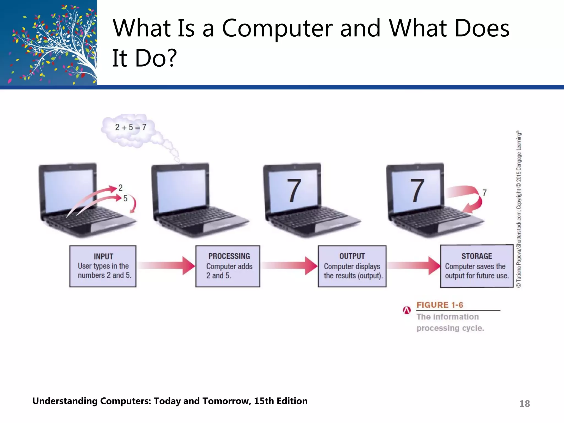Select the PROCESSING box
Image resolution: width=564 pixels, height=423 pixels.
pos(228,266)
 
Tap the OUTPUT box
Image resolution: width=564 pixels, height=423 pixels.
pos(352,266)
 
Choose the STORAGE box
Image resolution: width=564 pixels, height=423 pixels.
pos(477,266)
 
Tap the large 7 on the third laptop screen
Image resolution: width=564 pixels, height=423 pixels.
pos(294,191)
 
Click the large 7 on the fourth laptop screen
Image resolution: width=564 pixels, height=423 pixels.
pos(417,191)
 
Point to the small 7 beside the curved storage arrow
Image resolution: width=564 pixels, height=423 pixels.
pos(484,193)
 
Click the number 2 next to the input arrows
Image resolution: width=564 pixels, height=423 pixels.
pos(120,188)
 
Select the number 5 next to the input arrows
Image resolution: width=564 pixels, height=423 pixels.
pos(125,198)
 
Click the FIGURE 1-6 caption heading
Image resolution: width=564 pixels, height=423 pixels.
pos(440,305)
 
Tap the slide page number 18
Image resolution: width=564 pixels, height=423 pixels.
pos(524,404)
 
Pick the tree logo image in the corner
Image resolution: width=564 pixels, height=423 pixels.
pos(48,42)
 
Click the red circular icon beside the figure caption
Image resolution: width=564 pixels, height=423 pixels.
pos(407,310)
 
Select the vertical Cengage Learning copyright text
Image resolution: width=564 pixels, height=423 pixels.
pos(519,209)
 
